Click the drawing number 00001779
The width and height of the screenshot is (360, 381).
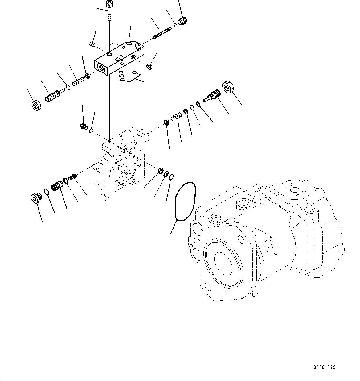click(324, 367)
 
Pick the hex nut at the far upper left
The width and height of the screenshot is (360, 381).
click(37, 106)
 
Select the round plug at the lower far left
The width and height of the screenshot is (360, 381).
click(36, 198)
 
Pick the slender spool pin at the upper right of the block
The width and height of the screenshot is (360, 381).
click(162, 33)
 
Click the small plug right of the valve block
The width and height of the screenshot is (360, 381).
click(149, 66)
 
